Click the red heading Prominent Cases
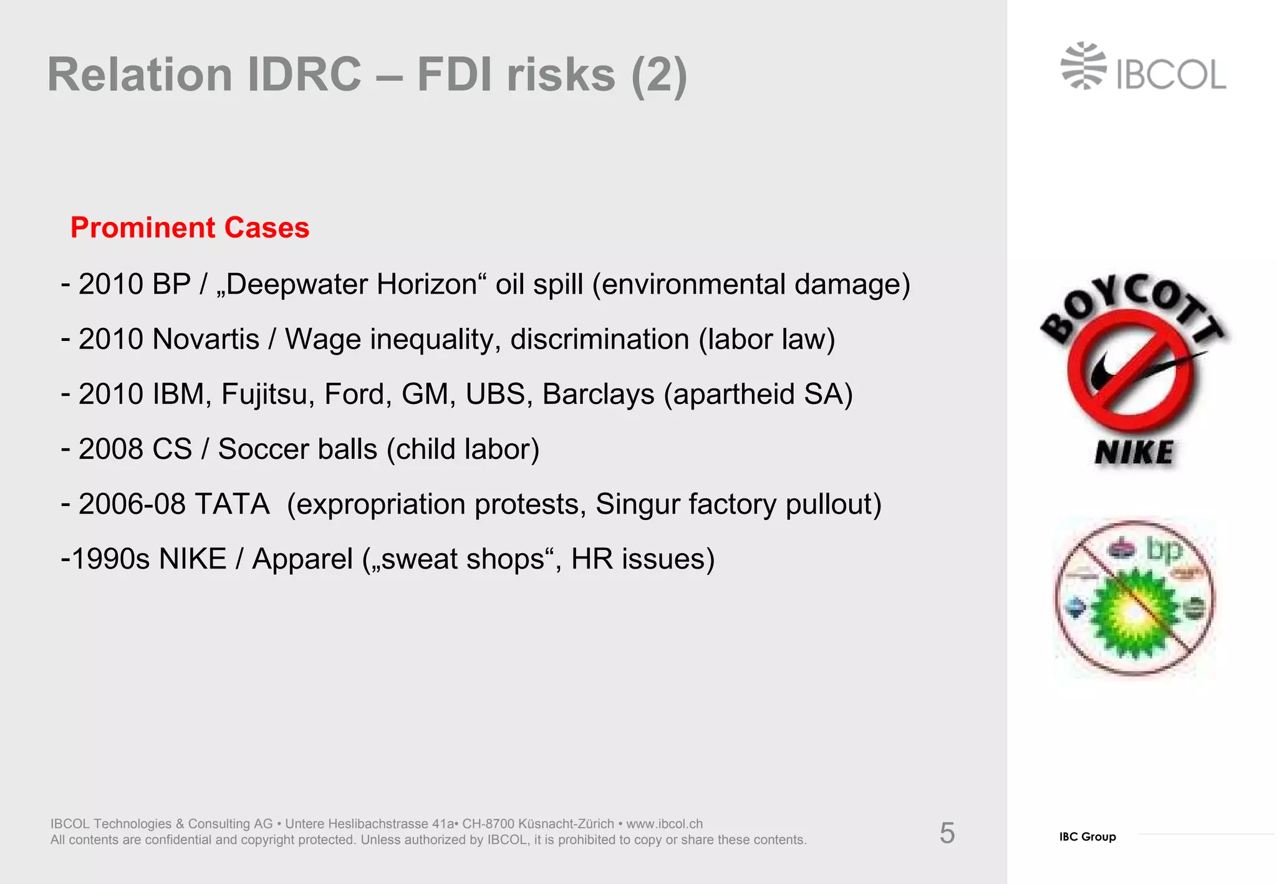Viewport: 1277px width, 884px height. (x=190, y=228)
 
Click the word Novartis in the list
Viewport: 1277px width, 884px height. (x=206, y=340)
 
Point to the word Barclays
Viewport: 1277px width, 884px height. (x=598, y=395)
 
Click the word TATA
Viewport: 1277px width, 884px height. (x=232, y=504)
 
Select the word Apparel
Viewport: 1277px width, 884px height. (x=302, y=559)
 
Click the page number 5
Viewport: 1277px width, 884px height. (x=947, y=834)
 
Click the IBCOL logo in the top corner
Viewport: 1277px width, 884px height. (x=1143, y=67)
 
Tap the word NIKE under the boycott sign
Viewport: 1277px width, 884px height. (x=1134, y=453)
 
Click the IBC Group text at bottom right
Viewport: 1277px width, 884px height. (x=1087, y=837)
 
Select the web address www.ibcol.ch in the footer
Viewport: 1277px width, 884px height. (x=664, y=824)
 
